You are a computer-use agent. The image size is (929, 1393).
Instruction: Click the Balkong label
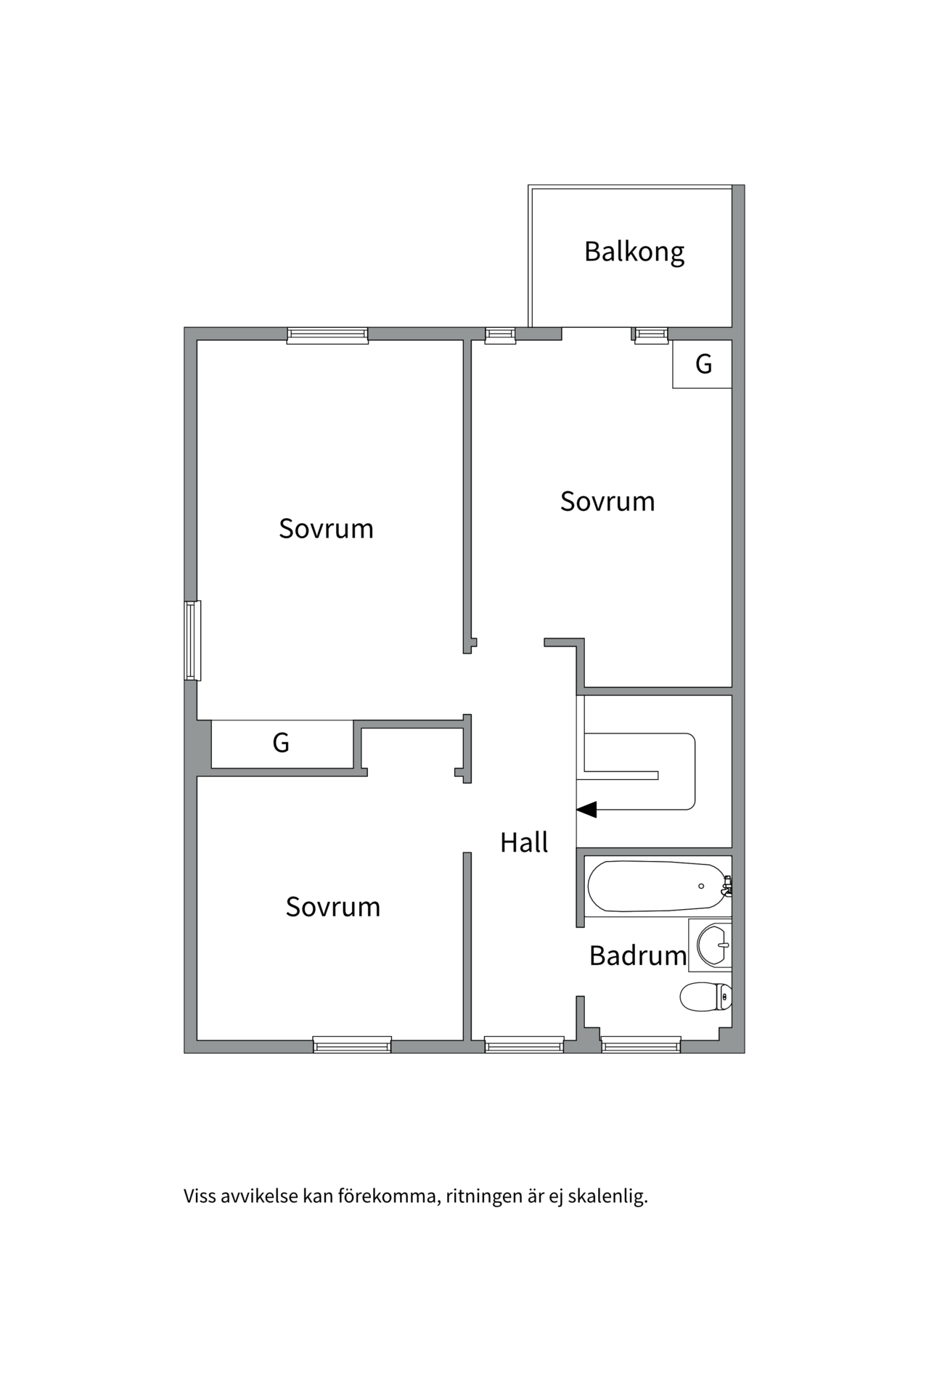click(634, 252)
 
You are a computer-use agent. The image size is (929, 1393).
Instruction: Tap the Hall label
click(523, 842)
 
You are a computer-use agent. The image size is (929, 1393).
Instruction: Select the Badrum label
click(637, 956)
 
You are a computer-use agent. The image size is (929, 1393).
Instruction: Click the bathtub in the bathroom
click(655, 886)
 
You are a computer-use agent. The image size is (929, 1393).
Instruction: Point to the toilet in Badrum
click(705, 996)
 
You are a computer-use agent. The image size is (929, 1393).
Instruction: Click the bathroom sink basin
click(713, 944)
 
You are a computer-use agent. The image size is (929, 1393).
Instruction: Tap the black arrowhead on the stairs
click(586, 809)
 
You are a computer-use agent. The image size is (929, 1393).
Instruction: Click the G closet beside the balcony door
click(702, 363)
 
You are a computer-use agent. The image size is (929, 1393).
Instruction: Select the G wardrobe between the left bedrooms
click(282, 743)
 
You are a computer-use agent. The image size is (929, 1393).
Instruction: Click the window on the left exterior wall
click(192, 641)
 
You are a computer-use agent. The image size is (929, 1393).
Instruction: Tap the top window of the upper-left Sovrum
click(327, 334)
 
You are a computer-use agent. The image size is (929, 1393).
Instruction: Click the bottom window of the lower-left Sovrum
click(352, 1045)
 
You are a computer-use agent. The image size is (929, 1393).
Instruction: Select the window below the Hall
click(524, 1045)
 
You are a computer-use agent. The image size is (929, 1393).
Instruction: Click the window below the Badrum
click(641, 1045)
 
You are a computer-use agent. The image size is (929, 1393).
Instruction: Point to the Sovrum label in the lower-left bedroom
click(332, 907)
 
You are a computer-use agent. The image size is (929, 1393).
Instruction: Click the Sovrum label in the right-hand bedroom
click(607, 501)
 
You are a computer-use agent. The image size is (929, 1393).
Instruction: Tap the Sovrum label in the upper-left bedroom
click(326, 528)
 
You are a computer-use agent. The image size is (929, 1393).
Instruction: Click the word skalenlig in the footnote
click(607, 1196)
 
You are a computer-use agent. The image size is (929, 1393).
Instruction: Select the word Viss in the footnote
click(200, 1196)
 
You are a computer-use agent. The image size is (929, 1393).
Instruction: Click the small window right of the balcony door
click(650, 334)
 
